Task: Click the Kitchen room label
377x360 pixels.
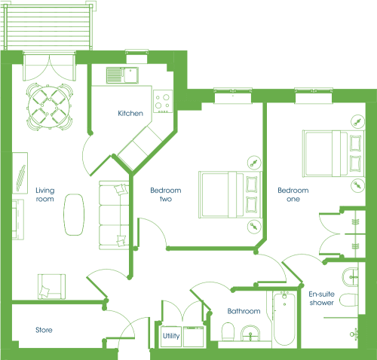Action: pyautogui.click(x=130, y=113)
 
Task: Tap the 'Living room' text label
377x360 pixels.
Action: pyautogui.click(x=45, y=194)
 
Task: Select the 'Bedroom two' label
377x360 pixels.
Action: pyautogui.click(x=166, y=194)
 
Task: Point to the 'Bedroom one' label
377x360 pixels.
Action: pyautogui.click(x=293, y=194)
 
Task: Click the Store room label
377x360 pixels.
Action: pyautogui.click(x=44, y=330)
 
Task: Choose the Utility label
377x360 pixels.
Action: pyautogui.click(x=171, y=336)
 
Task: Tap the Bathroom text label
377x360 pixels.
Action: pyautogui.click(x=244, y=311)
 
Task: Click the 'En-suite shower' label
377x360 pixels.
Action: pyautogui.click(x=322, y=298)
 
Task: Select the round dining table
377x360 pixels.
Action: pyautogui.click(x=50, y=107)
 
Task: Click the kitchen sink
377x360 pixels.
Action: pyautogui.click(x=122, y=75)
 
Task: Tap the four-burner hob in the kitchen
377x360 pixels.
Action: pyautogui.click(x=163, y=102)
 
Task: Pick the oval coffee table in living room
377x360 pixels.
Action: pyautogui.click(x=74, y=215)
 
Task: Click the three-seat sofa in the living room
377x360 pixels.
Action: pyautogui.click(x=114, y=215)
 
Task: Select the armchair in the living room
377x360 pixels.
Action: pyautogui.click(x=51, y=287)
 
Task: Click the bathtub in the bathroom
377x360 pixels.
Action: pyautogui.click(x=284, y=319)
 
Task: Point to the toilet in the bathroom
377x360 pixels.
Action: pyautogui.click(x=228, y=331)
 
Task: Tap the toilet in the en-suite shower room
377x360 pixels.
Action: pyautogui.click(x=349, y=300)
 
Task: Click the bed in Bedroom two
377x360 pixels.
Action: pyautogui.click(x=230, y=194)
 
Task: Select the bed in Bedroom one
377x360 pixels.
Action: pyautogui.click(x=333, y=154)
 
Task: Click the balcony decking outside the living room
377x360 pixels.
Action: pyautogui.click(x=48, y=27)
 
